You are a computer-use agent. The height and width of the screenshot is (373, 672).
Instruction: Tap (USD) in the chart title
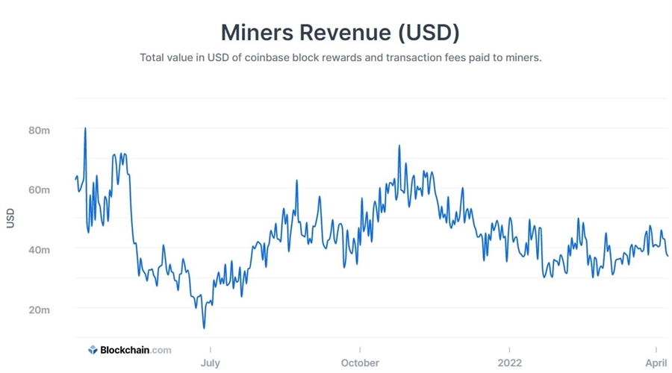[x=425, y=33]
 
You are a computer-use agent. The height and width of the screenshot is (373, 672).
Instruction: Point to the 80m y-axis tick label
[x=40, y=131]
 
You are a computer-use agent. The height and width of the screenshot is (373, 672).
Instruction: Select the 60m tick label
[x=40, y=190]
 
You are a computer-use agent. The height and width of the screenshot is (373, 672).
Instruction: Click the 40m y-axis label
[x=40, y=249]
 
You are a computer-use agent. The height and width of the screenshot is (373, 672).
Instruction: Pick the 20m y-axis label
[x=40, y=309]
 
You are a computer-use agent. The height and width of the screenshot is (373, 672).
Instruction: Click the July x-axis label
[x=210, y=363]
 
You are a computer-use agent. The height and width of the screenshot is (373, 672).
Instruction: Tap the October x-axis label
[x=359, y=363]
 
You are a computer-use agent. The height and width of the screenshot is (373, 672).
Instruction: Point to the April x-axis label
[x=655, y=363]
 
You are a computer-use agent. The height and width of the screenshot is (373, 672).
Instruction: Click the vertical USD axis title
[x=10, y=218]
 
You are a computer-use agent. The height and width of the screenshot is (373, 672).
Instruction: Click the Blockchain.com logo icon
[x=93, y=349]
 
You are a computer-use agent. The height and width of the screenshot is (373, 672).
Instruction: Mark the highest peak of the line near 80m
[x=85, y=128]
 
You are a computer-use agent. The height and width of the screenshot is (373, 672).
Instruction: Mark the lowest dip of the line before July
[x=204, y=327]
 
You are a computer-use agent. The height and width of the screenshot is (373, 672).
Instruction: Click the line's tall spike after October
[x=399, y=145]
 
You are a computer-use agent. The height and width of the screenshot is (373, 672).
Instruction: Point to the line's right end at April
[x=668, y=256]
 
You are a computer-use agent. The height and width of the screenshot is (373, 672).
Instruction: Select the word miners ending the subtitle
[x=521, y=57]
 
